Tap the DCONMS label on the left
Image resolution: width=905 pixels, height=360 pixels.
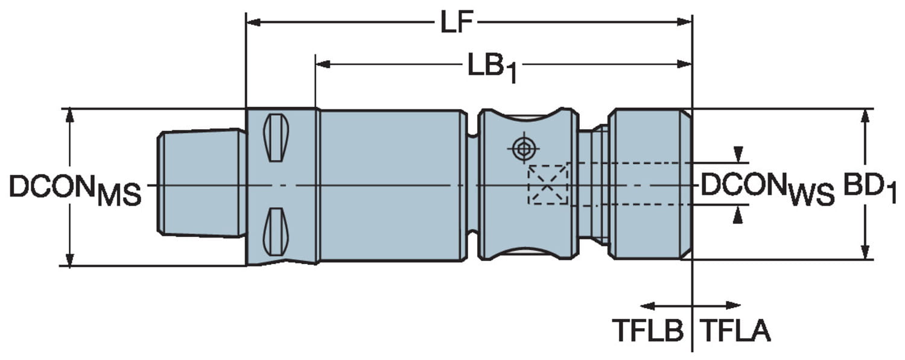75,189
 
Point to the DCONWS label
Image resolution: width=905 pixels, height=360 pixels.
767,188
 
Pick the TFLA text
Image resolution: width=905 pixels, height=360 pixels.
734,330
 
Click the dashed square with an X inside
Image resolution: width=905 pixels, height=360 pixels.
548,185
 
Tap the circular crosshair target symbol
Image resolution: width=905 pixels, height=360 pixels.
522,148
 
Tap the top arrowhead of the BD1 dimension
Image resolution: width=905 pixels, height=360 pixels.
865,115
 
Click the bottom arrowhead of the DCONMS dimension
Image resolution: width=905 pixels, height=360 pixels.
70,259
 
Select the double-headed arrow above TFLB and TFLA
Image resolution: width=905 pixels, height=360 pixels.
691,305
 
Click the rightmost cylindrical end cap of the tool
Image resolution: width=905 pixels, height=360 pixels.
649,185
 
